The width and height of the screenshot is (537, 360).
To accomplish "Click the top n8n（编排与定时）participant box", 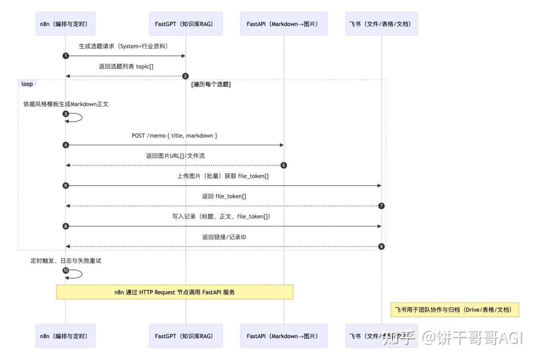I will [65, 23].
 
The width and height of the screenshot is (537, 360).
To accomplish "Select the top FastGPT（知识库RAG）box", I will [185, 23].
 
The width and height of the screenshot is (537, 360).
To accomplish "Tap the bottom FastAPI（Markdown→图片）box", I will [284, 336].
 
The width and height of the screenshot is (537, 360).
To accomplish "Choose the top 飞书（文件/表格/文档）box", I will [381, 23].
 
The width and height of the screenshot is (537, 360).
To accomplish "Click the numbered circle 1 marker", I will [65, 56].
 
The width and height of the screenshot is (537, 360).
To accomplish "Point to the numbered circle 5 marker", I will [284, 165].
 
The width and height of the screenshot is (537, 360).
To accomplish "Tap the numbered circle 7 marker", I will [381, 206].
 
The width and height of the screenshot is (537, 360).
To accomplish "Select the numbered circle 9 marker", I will [381, 246].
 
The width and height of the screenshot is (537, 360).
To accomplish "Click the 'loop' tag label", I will [27, 84].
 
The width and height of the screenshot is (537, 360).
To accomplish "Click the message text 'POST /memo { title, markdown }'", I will [174, 136].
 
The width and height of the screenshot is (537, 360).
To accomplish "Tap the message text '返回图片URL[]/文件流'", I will [175, 156].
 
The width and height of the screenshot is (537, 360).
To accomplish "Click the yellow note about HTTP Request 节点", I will [175, 292].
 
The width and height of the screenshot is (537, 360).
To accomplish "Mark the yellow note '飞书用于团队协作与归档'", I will [454, 310].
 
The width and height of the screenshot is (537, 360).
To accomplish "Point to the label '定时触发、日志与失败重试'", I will [66, 261].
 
